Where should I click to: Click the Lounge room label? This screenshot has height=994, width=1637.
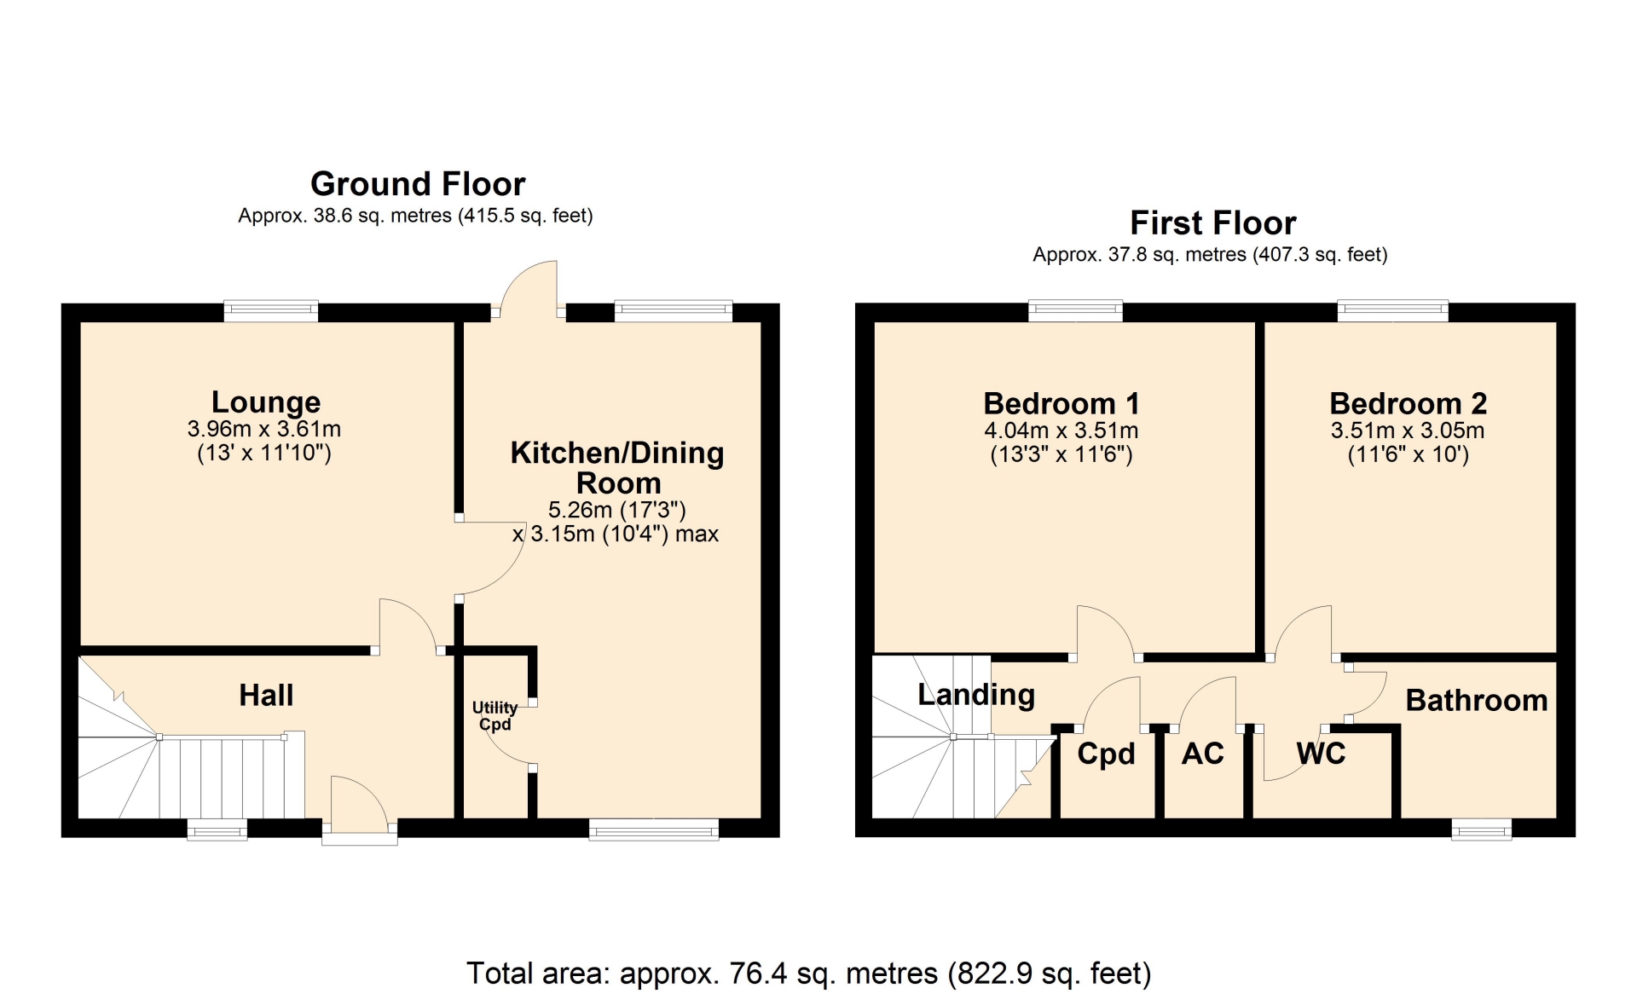266,402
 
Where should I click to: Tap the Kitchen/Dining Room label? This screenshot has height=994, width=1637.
617,468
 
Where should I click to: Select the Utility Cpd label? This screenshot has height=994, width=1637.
495,716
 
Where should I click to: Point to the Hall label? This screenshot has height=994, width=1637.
266,696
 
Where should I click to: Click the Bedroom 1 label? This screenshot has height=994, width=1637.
1061,403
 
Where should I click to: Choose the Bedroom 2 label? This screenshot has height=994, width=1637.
1409,403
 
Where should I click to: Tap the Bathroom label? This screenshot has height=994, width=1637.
1477,701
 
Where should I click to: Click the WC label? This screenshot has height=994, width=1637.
1321,754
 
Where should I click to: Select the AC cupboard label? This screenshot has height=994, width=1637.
1202,754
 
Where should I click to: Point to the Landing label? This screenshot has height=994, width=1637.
976,696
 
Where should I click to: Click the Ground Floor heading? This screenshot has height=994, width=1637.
418,184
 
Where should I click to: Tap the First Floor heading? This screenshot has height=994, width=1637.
1213,223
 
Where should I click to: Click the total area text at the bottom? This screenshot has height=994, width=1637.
809,973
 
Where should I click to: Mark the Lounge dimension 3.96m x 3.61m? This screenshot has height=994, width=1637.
264,429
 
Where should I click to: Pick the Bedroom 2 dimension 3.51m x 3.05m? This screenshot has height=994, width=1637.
1408,431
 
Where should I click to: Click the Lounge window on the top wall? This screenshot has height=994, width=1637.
271,310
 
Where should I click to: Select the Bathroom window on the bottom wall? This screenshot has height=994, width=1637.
1482,829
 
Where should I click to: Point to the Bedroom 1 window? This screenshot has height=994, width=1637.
1076,310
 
